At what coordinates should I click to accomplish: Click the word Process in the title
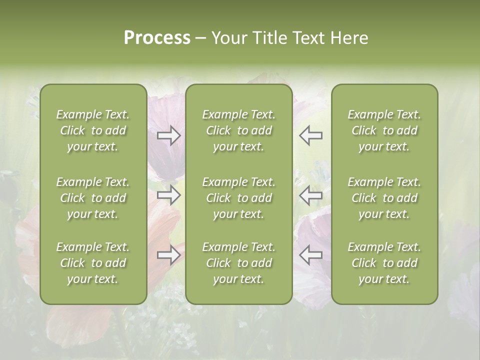(157, 38)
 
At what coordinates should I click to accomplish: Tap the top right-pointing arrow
(169, 135)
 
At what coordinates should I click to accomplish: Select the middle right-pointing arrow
(169, 195)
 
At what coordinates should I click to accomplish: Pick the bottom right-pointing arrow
(169, 255)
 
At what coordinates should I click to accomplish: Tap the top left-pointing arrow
(311, 135)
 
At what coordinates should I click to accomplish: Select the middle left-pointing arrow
(311, 195)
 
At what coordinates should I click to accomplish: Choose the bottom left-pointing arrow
(311, 255)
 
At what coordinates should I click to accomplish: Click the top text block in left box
(93, 130)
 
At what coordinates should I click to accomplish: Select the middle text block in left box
(93, 198)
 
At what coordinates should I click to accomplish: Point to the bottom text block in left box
(93, 263)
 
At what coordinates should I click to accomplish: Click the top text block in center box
(239, 130)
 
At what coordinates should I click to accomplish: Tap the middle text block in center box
(239, 198)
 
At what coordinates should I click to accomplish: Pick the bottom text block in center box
(239, 263)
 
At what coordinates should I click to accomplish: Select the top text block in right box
(384, 130)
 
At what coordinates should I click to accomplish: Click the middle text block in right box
(384, 198)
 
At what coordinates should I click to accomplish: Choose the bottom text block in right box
(384, 263)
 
